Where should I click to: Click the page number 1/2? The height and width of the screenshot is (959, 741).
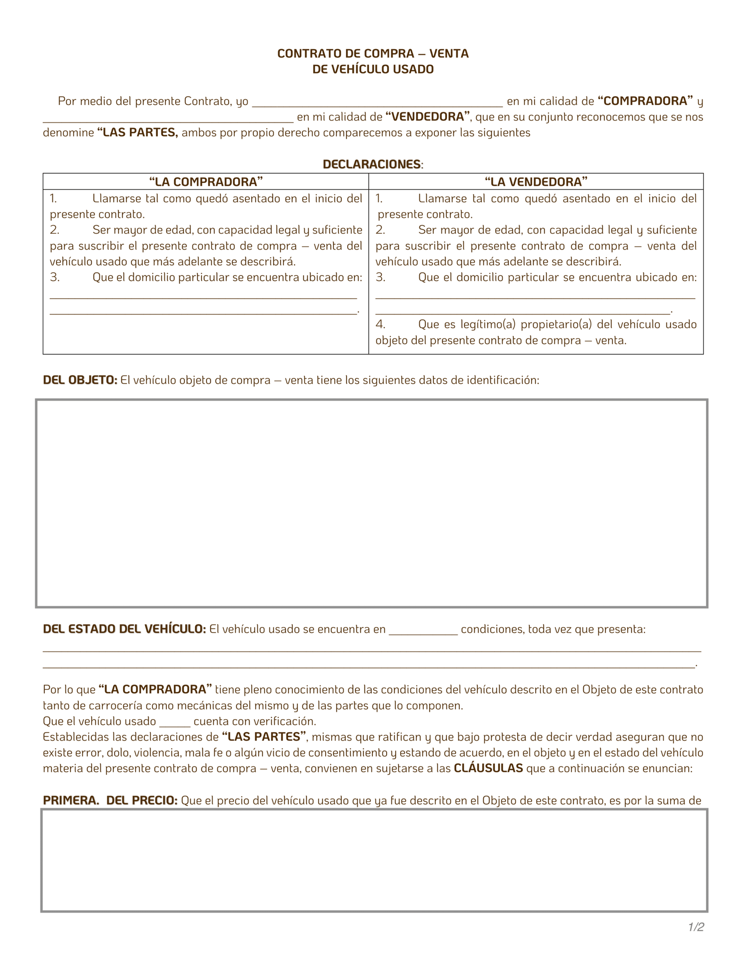point(696,927)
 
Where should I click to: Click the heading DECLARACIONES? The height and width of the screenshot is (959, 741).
point(372,164)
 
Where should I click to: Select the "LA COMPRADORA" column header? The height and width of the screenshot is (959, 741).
point(206,182)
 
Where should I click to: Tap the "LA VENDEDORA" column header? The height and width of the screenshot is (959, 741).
point(536,182)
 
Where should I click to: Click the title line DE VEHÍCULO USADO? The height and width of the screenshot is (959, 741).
point(373,69)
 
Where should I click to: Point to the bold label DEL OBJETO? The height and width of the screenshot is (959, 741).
point(80,380)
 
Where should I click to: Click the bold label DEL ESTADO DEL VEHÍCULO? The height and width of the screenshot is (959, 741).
point(124,629)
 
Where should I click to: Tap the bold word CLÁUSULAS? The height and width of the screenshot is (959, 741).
point(488,769)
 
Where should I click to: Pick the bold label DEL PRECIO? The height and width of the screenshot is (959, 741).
point(142,801)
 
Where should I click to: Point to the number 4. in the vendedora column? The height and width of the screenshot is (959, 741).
point(380,324)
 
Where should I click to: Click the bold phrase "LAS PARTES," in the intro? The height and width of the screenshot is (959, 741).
point(138,133)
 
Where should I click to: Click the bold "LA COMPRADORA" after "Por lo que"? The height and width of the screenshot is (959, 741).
point(155,689)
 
